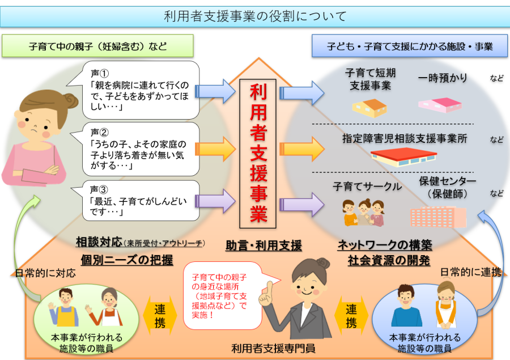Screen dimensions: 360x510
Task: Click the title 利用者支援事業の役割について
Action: click(x=254, y=16)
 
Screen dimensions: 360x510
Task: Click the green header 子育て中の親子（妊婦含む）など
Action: click(x=97, y=46)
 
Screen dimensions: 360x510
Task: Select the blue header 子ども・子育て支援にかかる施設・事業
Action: click(x=410, y=46)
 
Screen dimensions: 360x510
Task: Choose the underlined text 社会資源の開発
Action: click(x=389, y=261)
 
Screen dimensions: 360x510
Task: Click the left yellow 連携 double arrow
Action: click(x=160, y=315)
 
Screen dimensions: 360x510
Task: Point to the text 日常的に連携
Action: click(x=470, y=273)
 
